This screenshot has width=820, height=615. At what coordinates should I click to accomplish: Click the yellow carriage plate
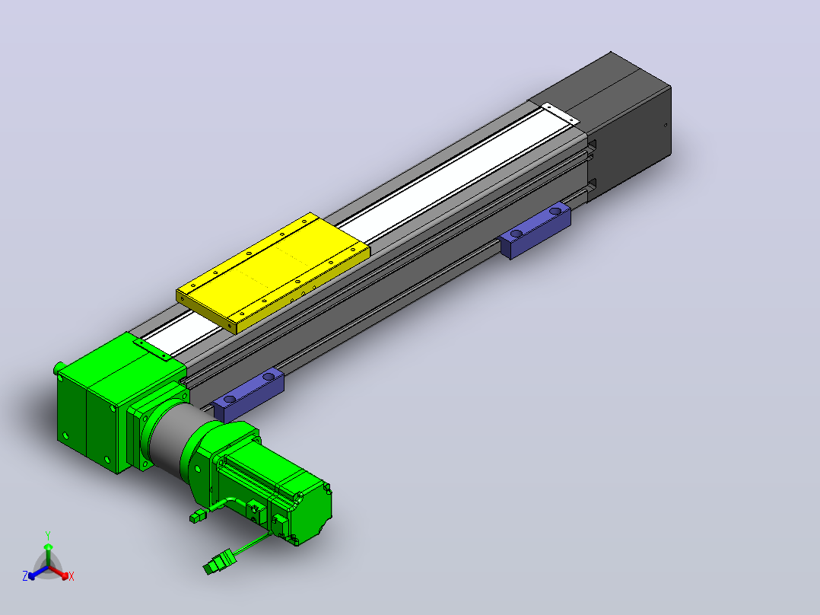(274, 272)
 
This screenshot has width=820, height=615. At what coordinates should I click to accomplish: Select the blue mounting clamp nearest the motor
(249, 393)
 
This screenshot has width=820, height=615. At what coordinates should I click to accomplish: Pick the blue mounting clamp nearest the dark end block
(536, 231)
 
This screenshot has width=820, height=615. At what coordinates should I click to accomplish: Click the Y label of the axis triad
(48, 535)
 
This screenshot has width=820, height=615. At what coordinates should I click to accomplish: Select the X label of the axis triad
(72, 576)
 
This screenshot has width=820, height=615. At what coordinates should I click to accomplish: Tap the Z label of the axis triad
(24, 575)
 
